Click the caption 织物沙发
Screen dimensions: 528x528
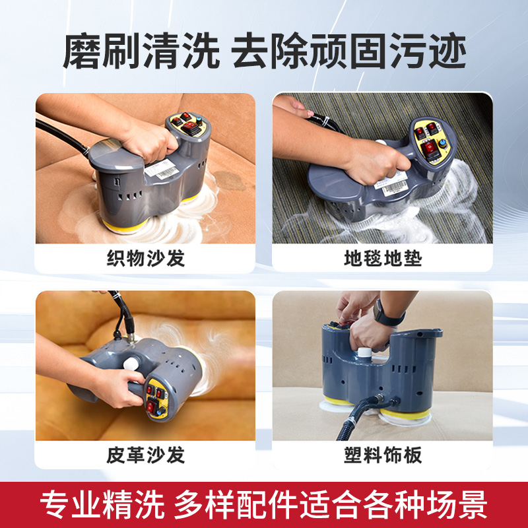tap(145, 258)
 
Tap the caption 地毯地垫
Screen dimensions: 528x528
tap(383, 258)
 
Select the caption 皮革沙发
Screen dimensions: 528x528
tap(145, 455)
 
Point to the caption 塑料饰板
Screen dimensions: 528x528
tap(383, 455)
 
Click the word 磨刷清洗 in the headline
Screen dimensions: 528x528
tap(141, 51)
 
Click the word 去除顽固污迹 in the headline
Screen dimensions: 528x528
tap(349, 51)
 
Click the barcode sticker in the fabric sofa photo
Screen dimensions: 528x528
tap(162, 169)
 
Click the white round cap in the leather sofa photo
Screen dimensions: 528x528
tap(131, 364)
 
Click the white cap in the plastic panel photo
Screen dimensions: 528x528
tap(364, 352)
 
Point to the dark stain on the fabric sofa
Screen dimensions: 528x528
tap(230, 180)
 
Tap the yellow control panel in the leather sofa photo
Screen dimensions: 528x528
tap(156, 399)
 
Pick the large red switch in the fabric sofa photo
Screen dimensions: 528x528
tap(191, 128)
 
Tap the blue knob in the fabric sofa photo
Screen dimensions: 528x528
tap(201, 120)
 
